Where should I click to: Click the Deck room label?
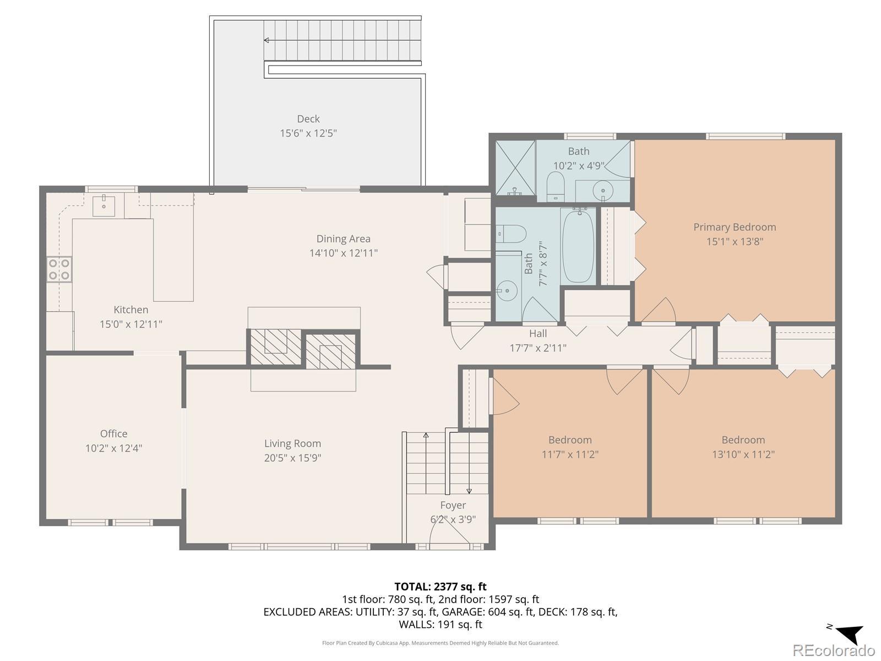308,119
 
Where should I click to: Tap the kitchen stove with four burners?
59,269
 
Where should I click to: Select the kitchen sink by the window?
104,206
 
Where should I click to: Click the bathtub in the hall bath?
578,247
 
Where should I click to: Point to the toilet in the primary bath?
556,186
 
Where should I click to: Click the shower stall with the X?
515,167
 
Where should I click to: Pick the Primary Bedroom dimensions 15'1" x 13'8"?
735,242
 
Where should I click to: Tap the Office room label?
113,434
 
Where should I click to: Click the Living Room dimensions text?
292,458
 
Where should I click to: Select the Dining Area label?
343,239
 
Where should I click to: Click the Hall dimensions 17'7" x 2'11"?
538,348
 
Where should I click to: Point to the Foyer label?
453,505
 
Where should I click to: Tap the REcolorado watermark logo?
834,650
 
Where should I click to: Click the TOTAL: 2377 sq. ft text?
440,587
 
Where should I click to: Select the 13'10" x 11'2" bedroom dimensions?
743,454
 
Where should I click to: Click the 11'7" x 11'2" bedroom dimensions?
570,454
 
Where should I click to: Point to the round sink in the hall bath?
507,290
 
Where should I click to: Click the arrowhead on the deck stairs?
266,40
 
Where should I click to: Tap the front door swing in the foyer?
449,530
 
